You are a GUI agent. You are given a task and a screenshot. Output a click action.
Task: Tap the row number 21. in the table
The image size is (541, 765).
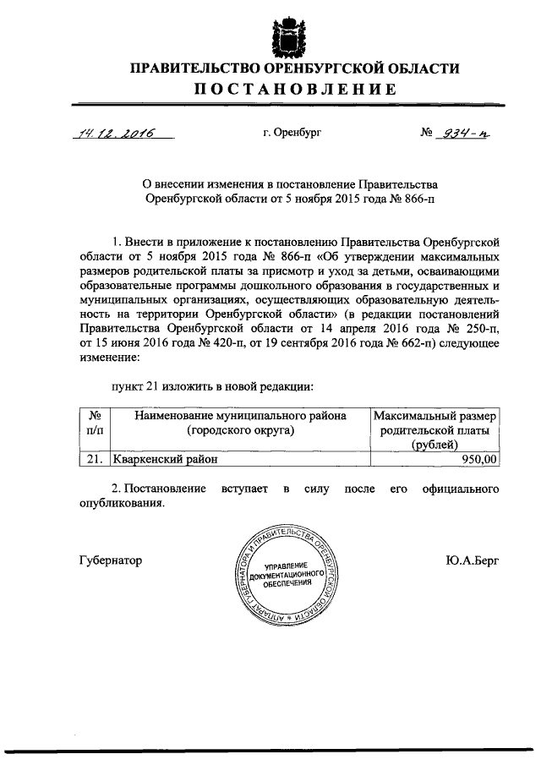tap(94, 460)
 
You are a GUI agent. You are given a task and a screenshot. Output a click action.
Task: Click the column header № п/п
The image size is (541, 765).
tap(95, 423)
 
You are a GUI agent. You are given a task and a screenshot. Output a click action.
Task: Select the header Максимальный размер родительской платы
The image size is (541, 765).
tap(437, 430)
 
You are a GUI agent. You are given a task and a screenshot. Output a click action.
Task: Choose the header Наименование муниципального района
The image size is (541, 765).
tap(240, 423)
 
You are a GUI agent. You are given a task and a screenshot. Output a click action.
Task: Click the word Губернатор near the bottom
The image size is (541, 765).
tap(109, 560)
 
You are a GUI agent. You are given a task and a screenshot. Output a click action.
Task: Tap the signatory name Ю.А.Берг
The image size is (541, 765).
tap(468, 560)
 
